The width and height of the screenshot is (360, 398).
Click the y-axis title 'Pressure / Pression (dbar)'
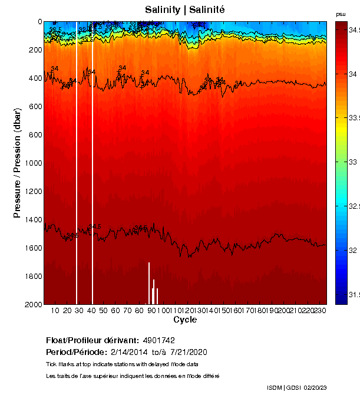pos(17,163)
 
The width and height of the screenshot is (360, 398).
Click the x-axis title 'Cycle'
pos(185,320)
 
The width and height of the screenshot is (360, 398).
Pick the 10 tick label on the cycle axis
pos(55,310)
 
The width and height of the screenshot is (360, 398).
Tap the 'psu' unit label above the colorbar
pos(341,14)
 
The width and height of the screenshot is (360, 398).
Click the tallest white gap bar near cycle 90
pos(149,283)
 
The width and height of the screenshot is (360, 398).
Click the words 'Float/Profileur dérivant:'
pos(93,341)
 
